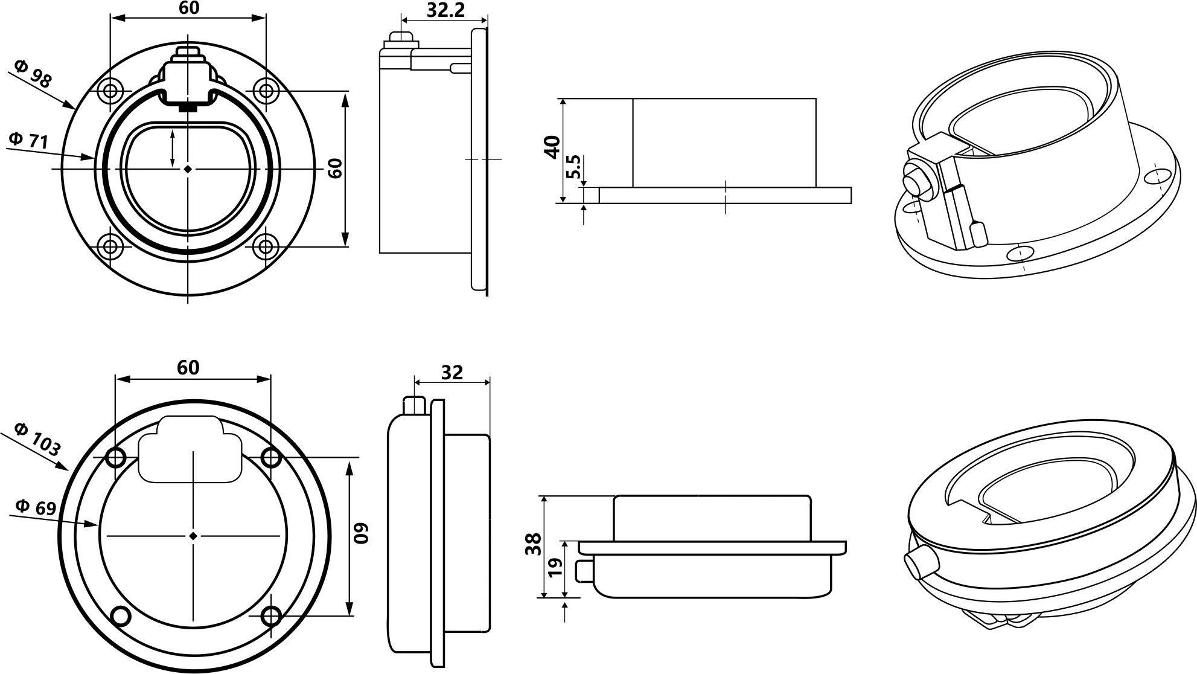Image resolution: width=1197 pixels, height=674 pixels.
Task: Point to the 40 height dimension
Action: click(x=552, y=147)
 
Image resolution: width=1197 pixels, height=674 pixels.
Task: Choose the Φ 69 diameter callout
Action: click(x=36, y=507)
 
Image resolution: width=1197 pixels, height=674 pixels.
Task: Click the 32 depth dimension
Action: click(x=452, y=373)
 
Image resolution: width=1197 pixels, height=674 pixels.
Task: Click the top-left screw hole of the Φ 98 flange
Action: click(x=110, y=92)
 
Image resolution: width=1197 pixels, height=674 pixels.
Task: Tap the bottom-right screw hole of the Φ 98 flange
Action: click(x=265, y=246)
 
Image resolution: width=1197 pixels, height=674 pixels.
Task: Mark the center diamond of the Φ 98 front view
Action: click(x=188, y=169)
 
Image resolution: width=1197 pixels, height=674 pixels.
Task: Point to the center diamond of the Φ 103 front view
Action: click(x=193, y=536)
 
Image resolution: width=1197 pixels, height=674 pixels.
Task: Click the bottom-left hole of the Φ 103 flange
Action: click(x=121, y=616)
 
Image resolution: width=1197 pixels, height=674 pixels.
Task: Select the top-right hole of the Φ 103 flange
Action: click(x=271, y=458)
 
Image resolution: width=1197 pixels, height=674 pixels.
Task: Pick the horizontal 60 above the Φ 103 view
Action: click(x=188, y=368)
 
